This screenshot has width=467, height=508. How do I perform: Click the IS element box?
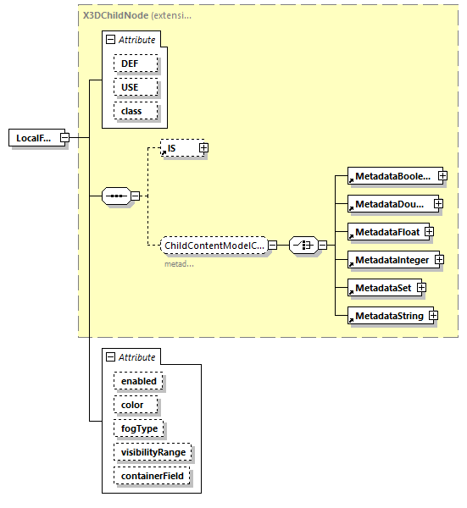coord(180,148)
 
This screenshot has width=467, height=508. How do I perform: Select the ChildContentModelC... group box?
coord(214,246)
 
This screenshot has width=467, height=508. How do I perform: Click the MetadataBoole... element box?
coord(392,177)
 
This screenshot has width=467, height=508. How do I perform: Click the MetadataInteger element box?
coord(392,260)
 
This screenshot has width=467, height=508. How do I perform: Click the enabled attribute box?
coord(138,381)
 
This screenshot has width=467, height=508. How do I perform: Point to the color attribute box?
coord(132,405)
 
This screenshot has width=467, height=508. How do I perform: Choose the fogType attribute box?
coord(138,428)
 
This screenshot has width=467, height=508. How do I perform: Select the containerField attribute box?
coord(153,477)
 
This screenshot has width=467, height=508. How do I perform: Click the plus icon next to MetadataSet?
coord(420,288)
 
